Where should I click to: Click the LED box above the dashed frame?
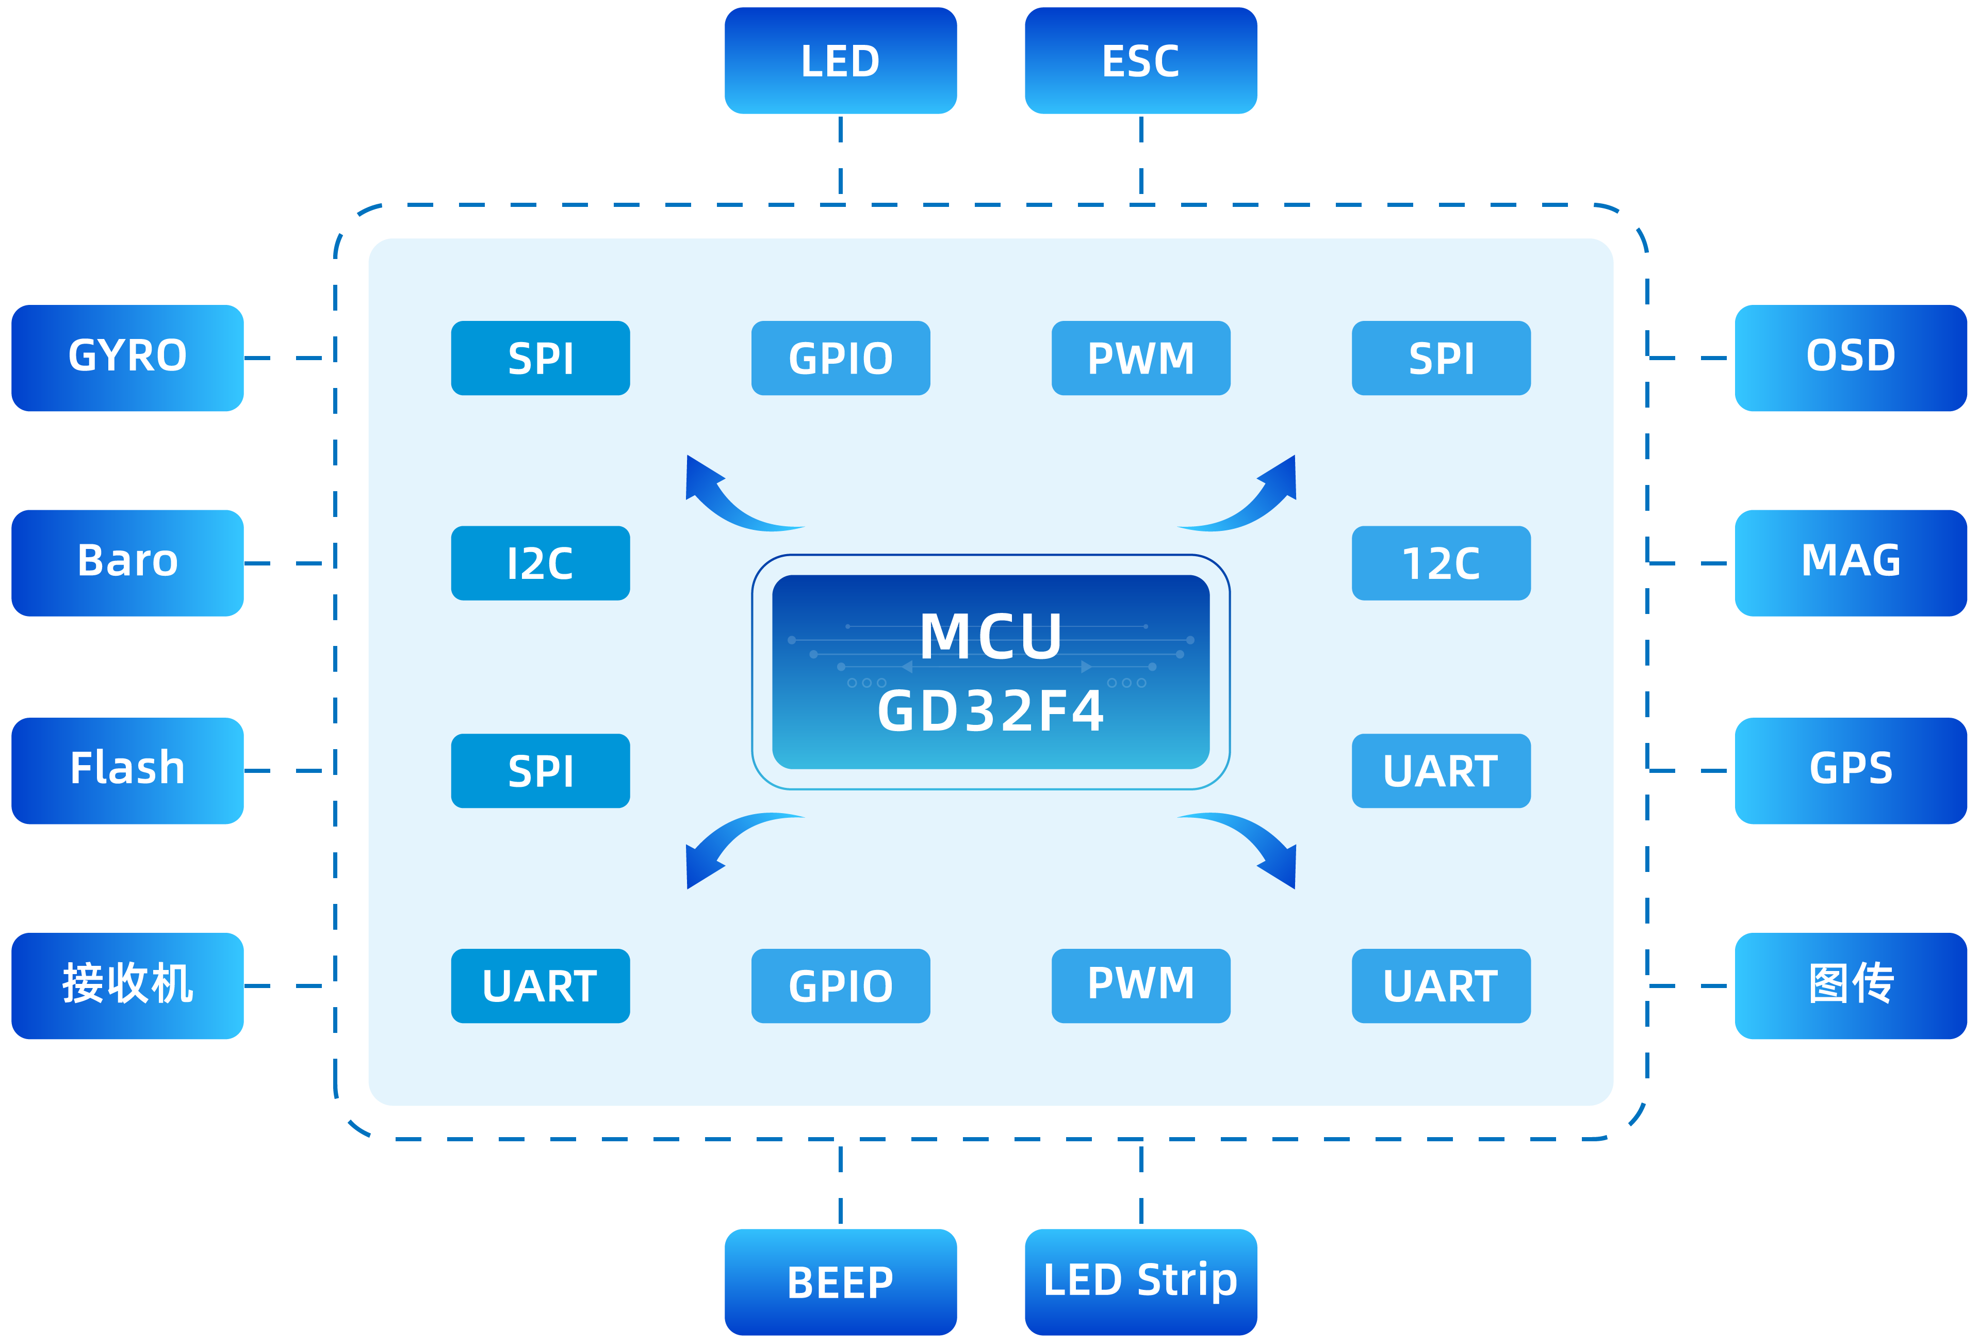tap(841, 60)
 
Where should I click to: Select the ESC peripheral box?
tap(1140, 60)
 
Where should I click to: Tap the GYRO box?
tap(128, 358)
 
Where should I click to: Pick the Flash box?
tap(128, 770)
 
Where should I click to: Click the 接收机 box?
tap(128, 985)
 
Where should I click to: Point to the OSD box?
tap(1851, 358)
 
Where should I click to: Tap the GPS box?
tap(1851, 770)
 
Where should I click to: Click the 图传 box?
tap(1851, 985)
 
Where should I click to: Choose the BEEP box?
tap(841, 1282)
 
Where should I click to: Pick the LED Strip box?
tap(1140, 1282)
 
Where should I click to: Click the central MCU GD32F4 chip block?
tap(990, 672)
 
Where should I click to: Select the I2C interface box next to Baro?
tap(540, 563)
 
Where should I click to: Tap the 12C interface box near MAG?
tap(1441, 563)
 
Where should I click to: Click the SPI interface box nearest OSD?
tap(1441, 358)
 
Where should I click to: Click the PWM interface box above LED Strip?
tap(1140, 985)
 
